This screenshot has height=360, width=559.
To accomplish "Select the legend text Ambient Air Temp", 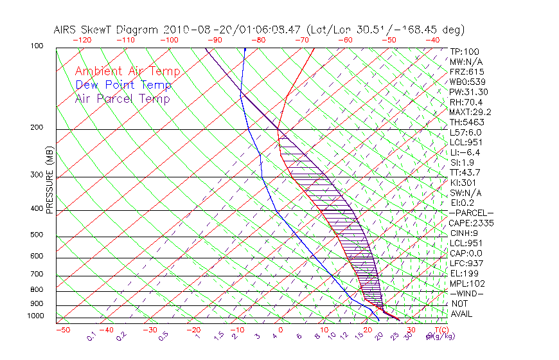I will [127, 71].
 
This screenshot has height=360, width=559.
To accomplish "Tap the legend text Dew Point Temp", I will [123, 85].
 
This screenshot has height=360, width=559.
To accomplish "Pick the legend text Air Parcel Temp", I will [122, 98].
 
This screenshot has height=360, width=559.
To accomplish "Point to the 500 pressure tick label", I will [38, 235].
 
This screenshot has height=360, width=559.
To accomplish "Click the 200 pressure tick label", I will [38, 128].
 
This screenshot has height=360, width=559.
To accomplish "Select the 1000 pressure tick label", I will [37, 316].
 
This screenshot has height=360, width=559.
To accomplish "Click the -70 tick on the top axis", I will [301, 39].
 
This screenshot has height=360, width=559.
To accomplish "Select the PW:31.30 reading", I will [468, 92].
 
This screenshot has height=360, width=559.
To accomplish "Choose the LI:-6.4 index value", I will [465, 152].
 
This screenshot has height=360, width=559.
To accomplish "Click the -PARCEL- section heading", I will [471, 213].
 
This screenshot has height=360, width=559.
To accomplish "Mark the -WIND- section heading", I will [466, 293].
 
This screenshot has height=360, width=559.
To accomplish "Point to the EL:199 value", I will [464, 273].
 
